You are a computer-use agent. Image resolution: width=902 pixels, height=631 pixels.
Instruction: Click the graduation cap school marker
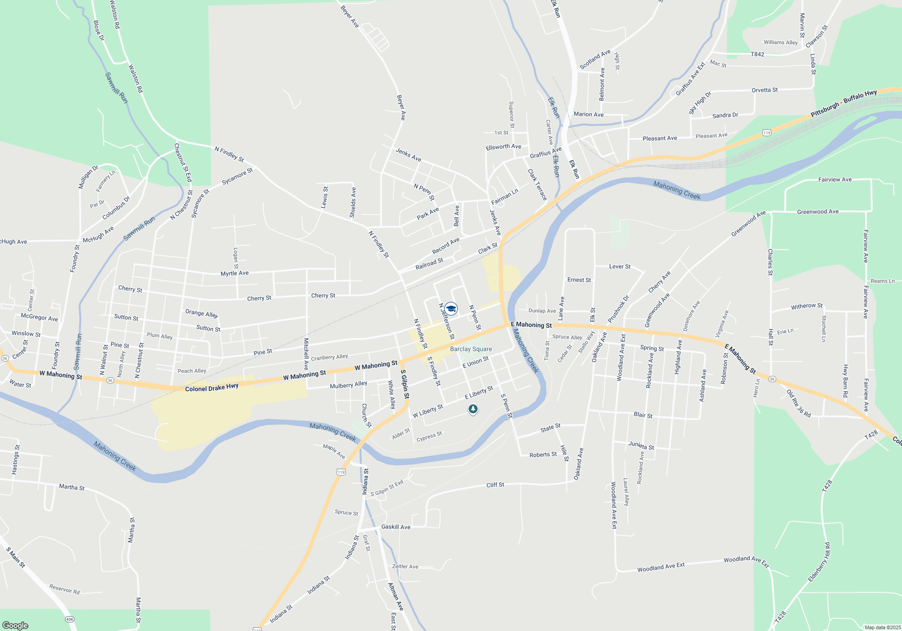[x=451, y=309]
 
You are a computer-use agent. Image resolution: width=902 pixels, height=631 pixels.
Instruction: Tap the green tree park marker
[x=473, y=409]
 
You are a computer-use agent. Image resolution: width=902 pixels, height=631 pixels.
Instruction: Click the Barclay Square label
[x=471, y=349]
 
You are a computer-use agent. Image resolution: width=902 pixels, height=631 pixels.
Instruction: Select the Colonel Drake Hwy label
[x=212, y=388]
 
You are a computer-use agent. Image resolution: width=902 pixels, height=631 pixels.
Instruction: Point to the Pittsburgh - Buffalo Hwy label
[x=843, y=103]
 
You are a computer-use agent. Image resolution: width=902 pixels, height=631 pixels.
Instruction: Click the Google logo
[x=15, y=625]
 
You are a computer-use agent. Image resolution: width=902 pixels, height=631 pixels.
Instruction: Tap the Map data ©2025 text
[x=882, y=627]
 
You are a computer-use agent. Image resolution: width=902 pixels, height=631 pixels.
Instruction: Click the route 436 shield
[x=69, y=619]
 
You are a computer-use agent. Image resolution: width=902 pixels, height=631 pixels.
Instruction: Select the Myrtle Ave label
[x=235, y=273]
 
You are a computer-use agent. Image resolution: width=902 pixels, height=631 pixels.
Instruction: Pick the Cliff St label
[x=495, y=485]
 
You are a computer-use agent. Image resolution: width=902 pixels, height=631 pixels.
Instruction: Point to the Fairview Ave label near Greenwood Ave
[x=835, y=179]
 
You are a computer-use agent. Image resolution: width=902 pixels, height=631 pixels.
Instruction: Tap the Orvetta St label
[x=764, y=90]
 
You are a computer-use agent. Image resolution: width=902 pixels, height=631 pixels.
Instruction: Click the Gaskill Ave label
[x=396, y=527]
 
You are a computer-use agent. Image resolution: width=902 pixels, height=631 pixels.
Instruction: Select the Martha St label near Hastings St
[x=72, y=487]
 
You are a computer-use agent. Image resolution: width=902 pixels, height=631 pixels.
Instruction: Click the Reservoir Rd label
[x=64, y=589]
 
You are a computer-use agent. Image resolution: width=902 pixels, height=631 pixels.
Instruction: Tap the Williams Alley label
[x=780, y=42]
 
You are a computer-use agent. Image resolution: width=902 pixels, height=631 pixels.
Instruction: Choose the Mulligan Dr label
[x=88, y=177]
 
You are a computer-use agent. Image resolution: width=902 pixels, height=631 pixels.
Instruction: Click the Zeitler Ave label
[x=405, y=567]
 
